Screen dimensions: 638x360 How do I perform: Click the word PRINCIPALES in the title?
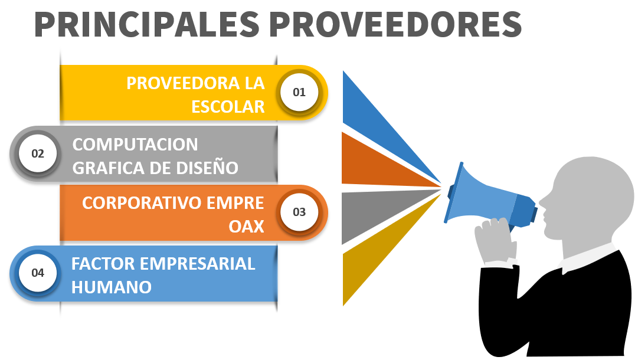tap(147, 24)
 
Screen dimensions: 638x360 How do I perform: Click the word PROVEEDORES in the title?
tap(395, 24)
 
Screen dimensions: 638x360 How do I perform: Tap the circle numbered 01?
tap(299, 92)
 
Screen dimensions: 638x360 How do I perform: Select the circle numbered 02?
tap(37, 154)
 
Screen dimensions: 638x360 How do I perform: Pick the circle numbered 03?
tap(299, 212)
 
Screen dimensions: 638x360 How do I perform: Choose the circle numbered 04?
tap(37, 273)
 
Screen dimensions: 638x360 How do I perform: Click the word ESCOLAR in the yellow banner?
tap(228, 107)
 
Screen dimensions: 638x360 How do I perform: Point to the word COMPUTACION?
tap(135, 145)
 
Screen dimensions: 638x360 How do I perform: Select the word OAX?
tap(247, 227)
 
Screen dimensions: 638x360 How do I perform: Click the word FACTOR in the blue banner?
tap(103, 264)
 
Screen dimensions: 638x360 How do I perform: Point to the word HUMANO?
tap(112, 287)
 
